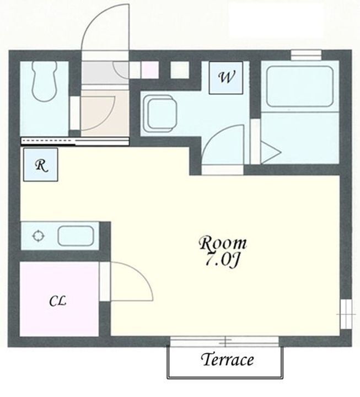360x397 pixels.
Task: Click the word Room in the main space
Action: (223, 243)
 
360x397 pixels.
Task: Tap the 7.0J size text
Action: (222, 260)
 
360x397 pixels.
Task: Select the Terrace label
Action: (227, 360)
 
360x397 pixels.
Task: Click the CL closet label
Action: (58, 301)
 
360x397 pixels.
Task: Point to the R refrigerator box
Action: (40, 164)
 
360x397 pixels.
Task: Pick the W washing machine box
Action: (226, 78)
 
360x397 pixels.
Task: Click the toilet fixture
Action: (44, 81)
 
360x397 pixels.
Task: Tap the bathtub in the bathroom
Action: (299, 87)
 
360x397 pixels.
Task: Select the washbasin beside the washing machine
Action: (159, 114)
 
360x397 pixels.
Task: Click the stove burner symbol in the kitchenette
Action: (38, 236)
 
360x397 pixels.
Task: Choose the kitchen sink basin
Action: (76, 236)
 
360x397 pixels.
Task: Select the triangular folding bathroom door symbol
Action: (271, 153)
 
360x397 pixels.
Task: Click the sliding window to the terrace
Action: (224, 342)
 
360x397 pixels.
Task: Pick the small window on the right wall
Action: (346, 314)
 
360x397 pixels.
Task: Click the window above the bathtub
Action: (306, 55)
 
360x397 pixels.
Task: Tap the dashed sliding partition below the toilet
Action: (74, 142)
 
